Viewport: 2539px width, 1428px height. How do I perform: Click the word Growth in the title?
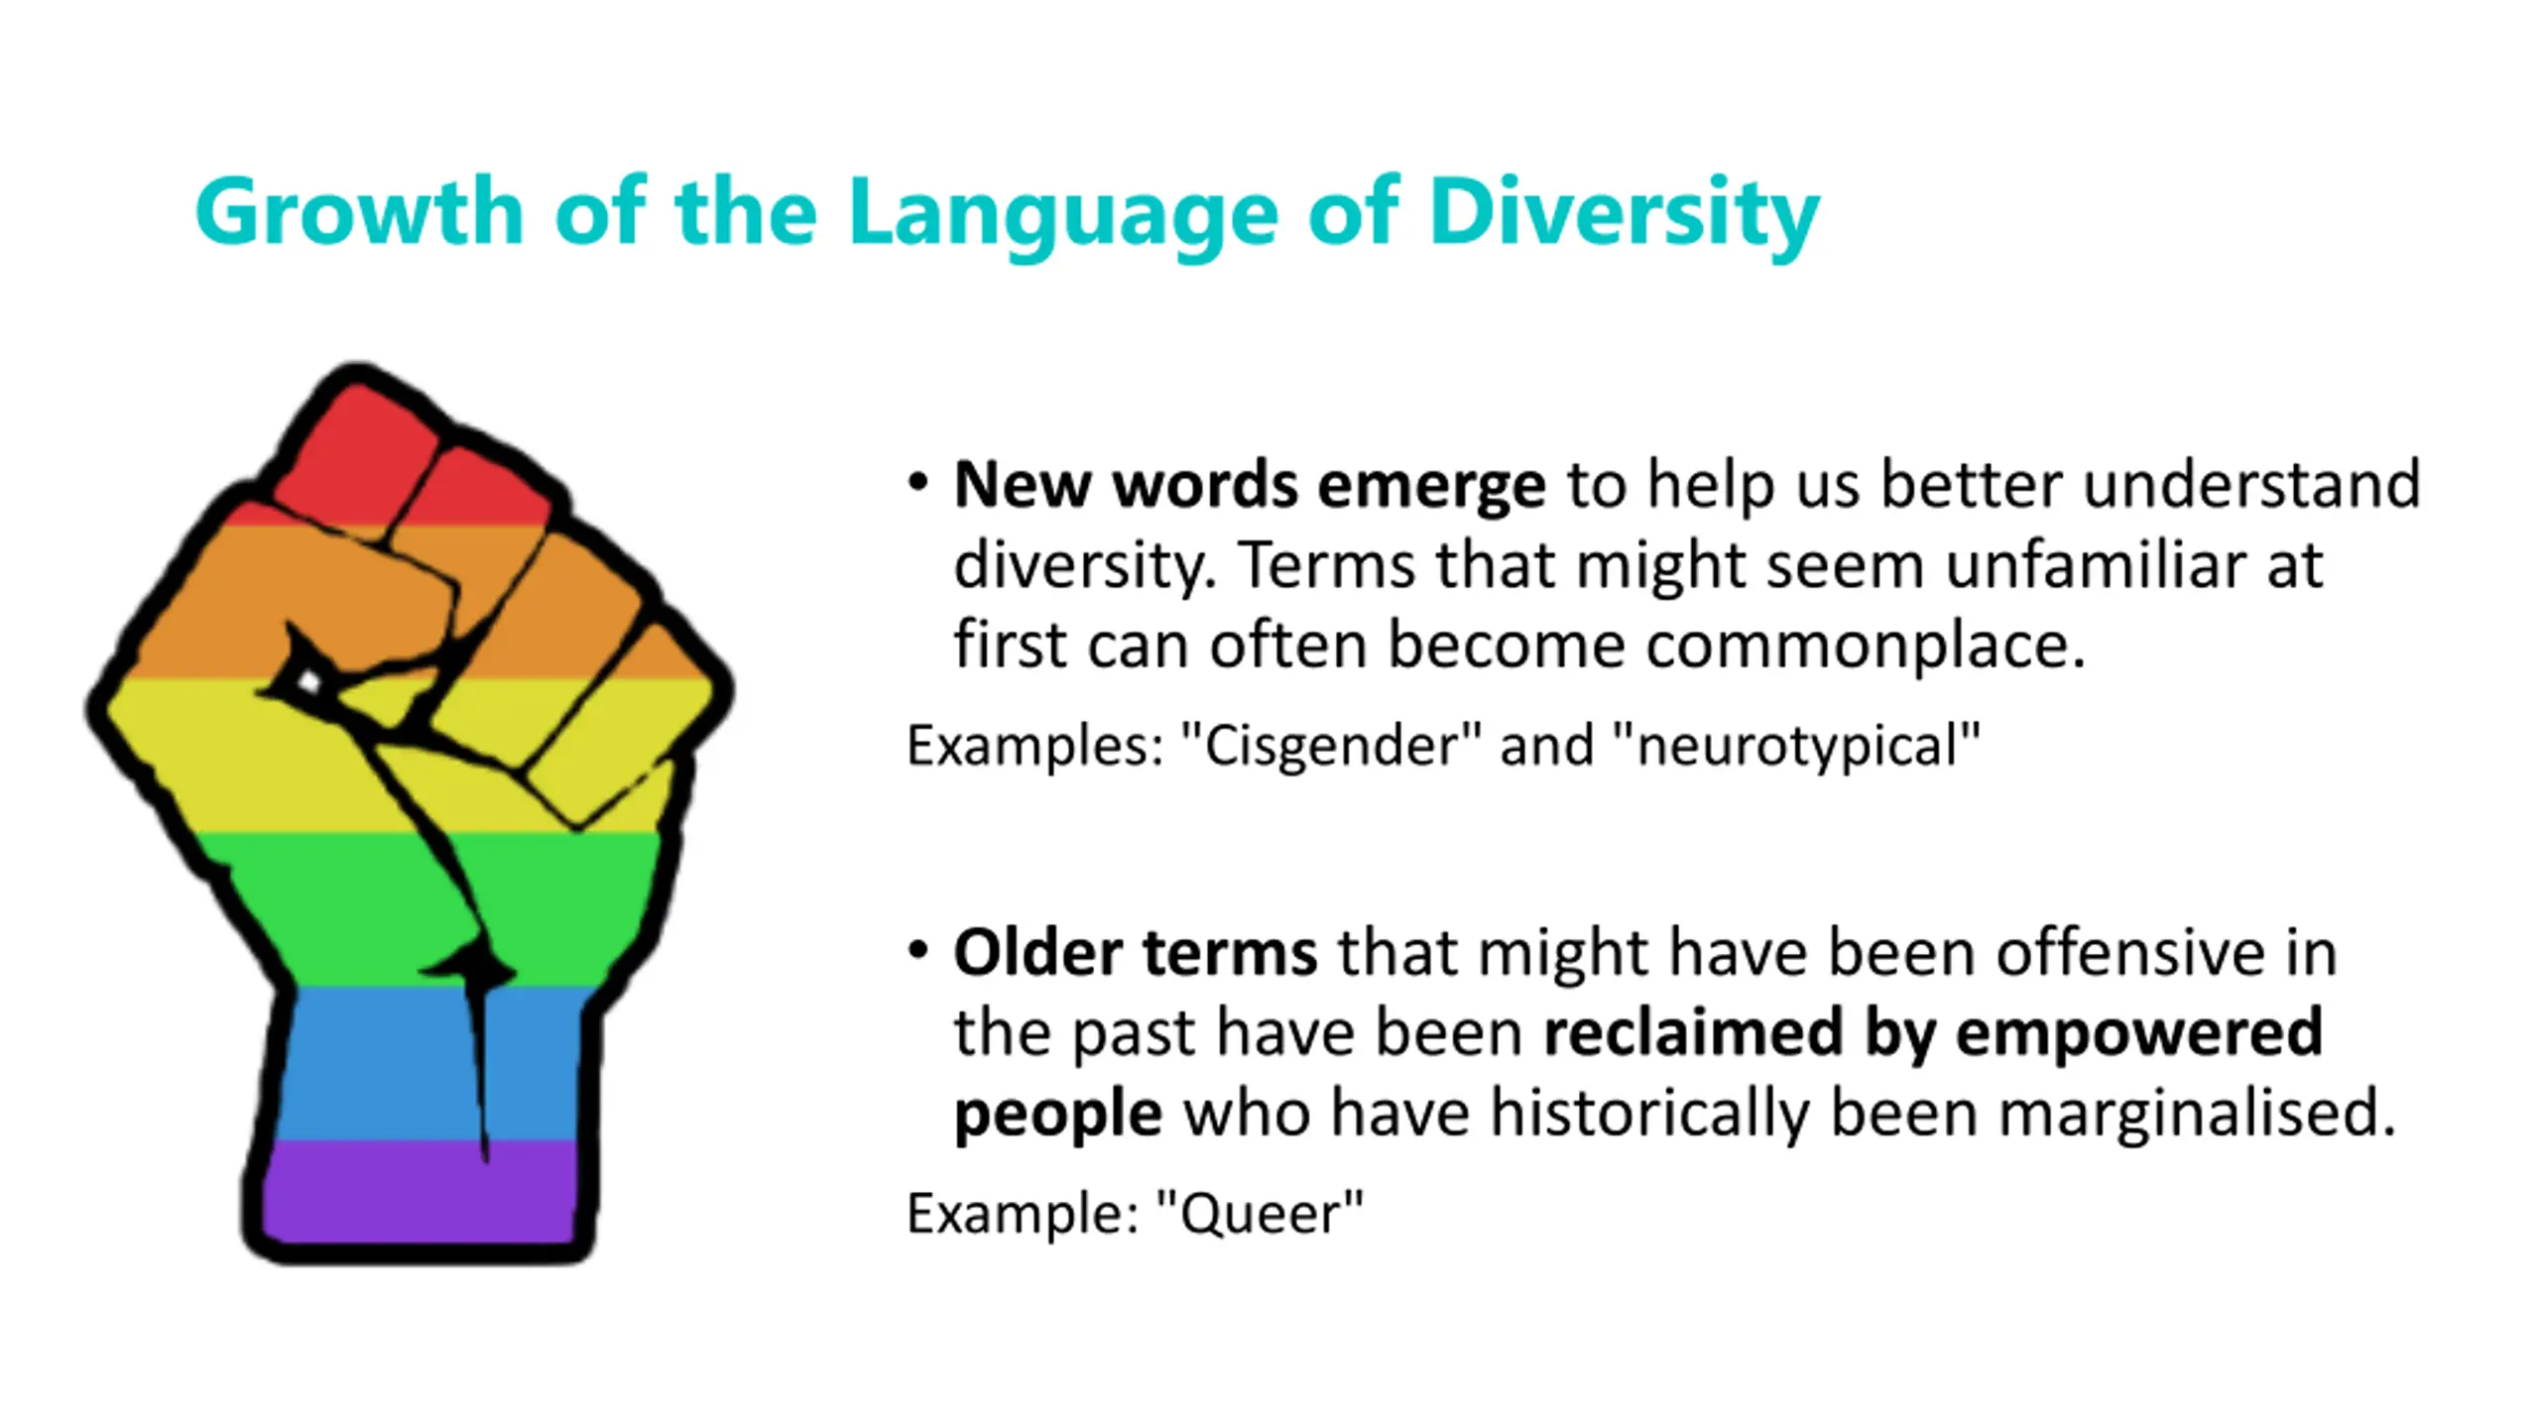click(359, 211)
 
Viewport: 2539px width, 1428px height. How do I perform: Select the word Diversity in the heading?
click(1624, 215)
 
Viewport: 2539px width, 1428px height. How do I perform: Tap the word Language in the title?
click(1063, 215)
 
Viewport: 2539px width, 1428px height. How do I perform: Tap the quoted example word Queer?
click(1260, 1214)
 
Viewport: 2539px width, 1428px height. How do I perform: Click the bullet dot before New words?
click(918, 484)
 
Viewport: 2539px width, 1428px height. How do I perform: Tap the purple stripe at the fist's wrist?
click(422, 1190)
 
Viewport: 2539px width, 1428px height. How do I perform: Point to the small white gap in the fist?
click(308, 681)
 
